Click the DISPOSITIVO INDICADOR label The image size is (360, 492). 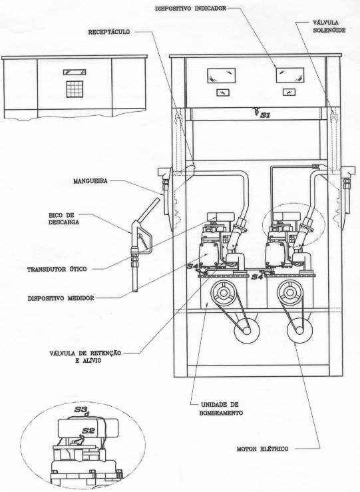pyautogui.click(x=190, y=9)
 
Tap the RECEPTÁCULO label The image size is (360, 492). pyautogui.click(x=109, y=32)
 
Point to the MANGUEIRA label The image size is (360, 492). pyautogui.click(x=90, y=181)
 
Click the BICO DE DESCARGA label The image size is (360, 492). pyautogui.click(x=63, y=218)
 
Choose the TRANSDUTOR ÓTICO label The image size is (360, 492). pyautogui.click(x=57, y=269)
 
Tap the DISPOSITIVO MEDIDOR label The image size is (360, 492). pyautogui.click(x=61, y=298)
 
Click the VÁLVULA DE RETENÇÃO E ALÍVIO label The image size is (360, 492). pyautogui.click(x=85, y=357)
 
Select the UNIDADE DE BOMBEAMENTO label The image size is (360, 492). pyautogui.click(x=221, y=409)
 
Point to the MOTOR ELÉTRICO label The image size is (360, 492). pyautogui.click(x=262, y=449)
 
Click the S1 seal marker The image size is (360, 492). pyautogui.click(x=262, y=113)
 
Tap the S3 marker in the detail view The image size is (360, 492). pyautogui.click(x=83, y=410)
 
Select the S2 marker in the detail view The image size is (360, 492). pyautogui.click(x=87, y=431)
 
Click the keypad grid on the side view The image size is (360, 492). pyautogui.click(x=75, y=89)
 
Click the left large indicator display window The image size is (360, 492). pyautogui.click(x=221, y=76)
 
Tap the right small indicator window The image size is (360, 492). pyautogui.click(x=289, y=92)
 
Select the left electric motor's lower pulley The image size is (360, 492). pyautogui.click(x=247, y=330)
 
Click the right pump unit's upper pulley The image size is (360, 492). pyautogui.click(x=290, y=293)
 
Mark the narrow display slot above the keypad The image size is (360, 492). pyautogui.click(x=75, y=72)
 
